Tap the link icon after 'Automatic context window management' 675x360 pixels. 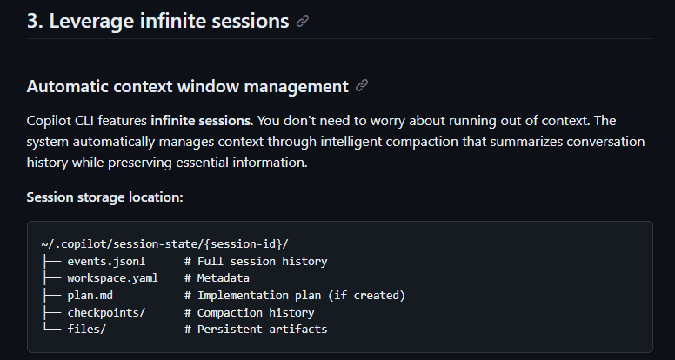[x=362, y=86]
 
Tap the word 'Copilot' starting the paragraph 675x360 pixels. [x=50, y=121]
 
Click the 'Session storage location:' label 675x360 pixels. [x=104, y=197]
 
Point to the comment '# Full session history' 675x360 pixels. [x=255, y=261]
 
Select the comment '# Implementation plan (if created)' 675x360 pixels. [x=294, y=296]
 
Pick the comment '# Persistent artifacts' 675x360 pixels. [x=255, y=330]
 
